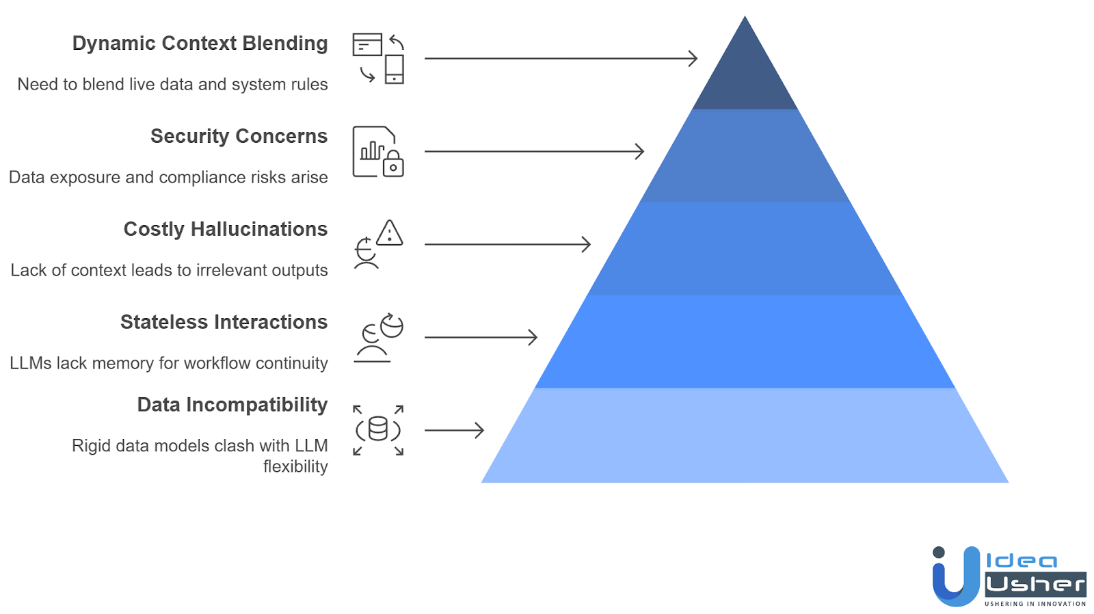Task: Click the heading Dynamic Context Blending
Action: point(200,44)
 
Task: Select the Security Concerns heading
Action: point(239,136)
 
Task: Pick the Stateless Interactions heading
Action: point(224,323)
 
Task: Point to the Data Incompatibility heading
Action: point(232,405)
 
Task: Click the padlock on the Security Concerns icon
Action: point(393,163)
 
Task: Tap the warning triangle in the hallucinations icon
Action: point(389,232)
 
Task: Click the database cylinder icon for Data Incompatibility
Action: point(378,429)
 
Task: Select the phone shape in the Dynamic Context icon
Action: point(394,69)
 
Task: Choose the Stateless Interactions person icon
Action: point(372,343)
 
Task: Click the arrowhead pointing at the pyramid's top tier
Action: point(693,59)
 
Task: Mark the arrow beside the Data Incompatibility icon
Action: point(454,430)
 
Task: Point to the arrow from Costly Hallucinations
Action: point(508,244)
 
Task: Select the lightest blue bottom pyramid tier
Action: point(745,436)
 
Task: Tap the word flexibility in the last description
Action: point(295,466)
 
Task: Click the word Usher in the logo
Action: point(1035,584)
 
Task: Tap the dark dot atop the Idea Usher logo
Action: point(938,552)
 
